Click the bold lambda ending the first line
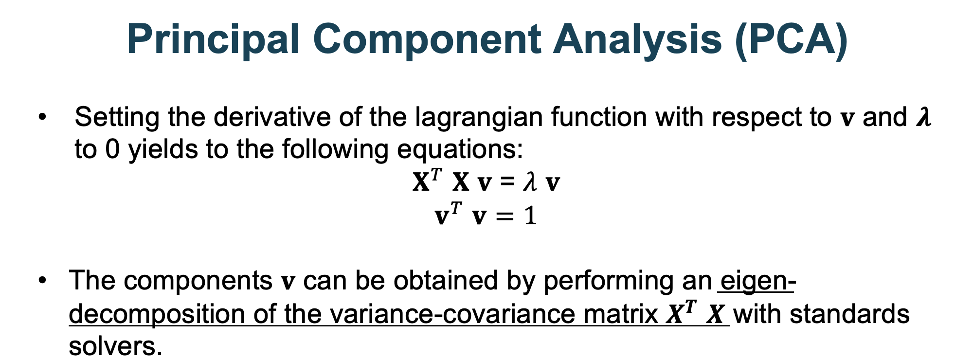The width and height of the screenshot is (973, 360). [x=923, y=118]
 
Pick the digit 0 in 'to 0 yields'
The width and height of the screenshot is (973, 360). [x=112, y=149]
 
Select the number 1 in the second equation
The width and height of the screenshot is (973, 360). [x=530, y=216]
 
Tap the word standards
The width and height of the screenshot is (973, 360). [x=849, y=314]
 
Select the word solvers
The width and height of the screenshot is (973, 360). [x=115, y=346]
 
